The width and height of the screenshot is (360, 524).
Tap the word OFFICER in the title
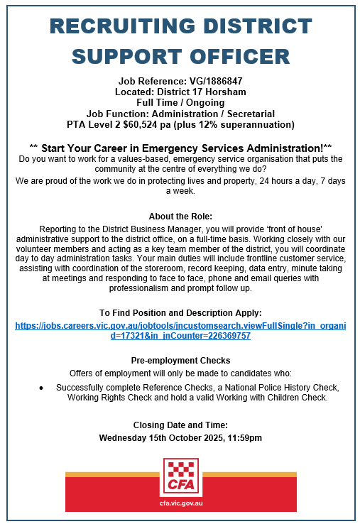(x=235, y=56)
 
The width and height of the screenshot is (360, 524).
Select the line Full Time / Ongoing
(x=180, y=102)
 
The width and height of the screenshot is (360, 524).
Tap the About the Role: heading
(x=180, y=216)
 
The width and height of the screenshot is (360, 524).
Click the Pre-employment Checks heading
(x=180, y=360)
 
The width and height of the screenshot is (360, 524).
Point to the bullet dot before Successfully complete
(x=41, y=388)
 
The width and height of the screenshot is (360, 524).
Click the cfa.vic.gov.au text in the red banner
(x=180, y=502)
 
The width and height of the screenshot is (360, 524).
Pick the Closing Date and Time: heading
(x=180, y=425)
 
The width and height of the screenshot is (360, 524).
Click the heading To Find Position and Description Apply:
(x=180, y=312)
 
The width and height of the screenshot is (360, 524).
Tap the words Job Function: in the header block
(x=116, y=114)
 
